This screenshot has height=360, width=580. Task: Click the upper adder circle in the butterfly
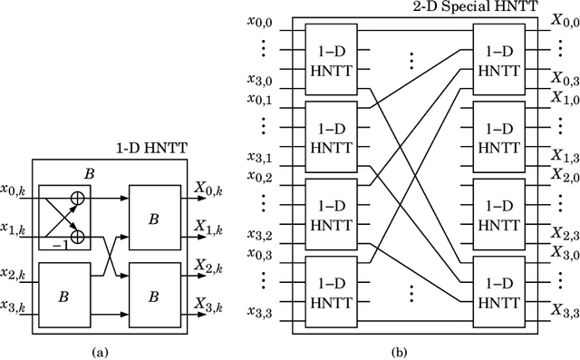point(78,193)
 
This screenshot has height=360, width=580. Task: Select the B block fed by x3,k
point(63,294)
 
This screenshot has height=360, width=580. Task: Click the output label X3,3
point(565,314)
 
